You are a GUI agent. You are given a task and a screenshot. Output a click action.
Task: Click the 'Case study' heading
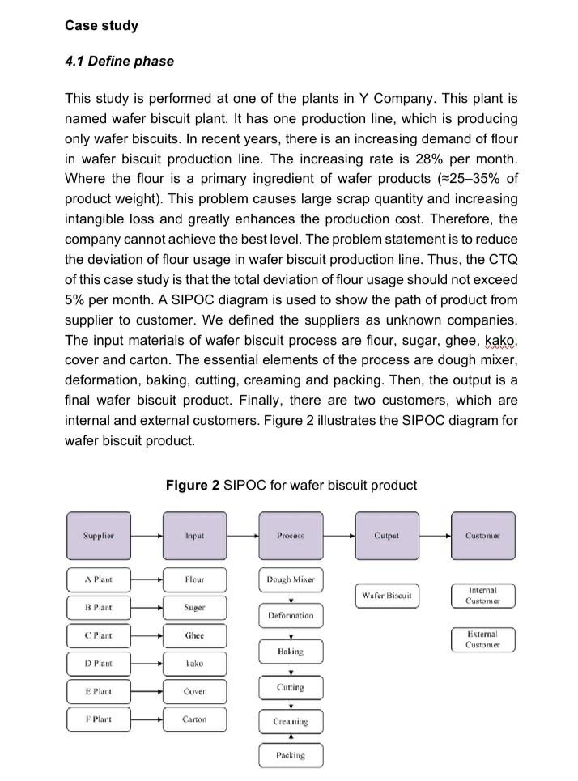pos(101,25)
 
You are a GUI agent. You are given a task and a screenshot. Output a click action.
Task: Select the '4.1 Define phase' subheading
pos(119,62)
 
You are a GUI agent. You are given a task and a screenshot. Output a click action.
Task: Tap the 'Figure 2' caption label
pos(193,486)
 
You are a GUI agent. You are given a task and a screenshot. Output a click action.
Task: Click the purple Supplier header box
pos(99,536)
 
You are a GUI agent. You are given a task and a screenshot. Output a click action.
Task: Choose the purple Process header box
pos(291,536)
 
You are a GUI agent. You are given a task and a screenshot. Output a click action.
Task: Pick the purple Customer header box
pos(482,536)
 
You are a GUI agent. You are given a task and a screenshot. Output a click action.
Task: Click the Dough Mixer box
pos(291,580)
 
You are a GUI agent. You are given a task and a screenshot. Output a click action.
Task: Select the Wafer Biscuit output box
pos(387,596)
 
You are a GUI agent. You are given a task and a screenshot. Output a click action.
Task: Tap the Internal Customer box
pos(482,596)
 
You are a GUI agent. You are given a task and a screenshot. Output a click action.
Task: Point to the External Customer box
pos(482,639)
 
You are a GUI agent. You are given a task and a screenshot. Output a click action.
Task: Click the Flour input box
pos(194,580)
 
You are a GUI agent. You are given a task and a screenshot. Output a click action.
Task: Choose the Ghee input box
pos(194,636)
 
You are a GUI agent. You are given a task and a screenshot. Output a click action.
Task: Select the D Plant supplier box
pos(99,664)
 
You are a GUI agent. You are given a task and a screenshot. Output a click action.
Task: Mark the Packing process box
pos(291,755)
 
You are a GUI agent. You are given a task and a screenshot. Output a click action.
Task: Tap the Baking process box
pos(291,652)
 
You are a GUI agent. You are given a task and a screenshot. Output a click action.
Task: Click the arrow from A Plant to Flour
pos(147,580)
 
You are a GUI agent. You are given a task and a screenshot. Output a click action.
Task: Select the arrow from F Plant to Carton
pos(147,719)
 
